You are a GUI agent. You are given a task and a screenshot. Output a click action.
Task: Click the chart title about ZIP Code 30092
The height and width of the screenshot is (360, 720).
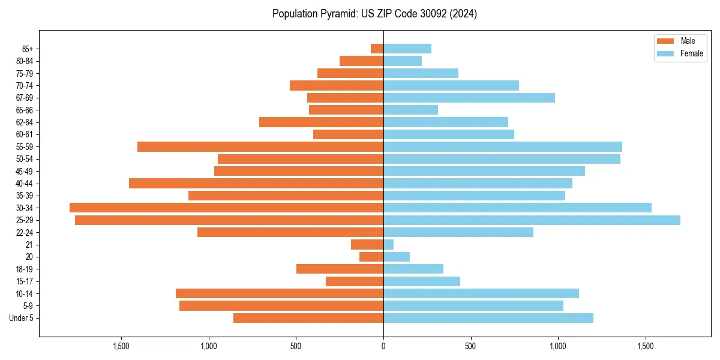click(x=374, y=14)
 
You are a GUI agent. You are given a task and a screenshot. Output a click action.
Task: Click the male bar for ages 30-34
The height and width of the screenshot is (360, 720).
click(x=226, y=208)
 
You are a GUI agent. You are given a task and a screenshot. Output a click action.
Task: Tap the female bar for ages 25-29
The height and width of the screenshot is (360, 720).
click(x=532, y=220)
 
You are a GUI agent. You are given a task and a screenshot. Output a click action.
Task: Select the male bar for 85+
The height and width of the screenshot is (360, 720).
click(x=377, y=49)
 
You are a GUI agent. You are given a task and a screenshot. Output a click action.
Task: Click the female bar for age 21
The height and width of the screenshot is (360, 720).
click(x=388, y=244)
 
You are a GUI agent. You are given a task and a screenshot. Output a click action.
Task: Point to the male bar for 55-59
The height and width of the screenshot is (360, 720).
click(x=260, y=146)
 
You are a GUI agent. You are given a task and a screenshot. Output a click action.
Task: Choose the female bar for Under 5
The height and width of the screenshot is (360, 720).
click(x=488, y=318)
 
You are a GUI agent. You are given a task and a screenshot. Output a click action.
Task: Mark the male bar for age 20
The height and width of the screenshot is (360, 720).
click(x=371, y=257)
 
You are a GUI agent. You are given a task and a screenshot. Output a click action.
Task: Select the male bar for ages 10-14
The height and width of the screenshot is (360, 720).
click(x=279, y=293)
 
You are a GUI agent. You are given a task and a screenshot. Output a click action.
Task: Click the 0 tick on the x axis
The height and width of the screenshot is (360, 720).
click(x=383, y=347)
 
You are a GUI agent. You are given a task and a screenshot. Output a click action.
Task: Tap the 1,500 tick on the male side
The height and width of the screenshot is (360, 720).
click(x=121, y=347)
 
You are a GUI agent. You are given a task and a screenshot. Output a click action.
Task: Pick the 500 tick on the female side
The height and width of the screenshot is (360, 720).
click(x=470, y=347)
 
